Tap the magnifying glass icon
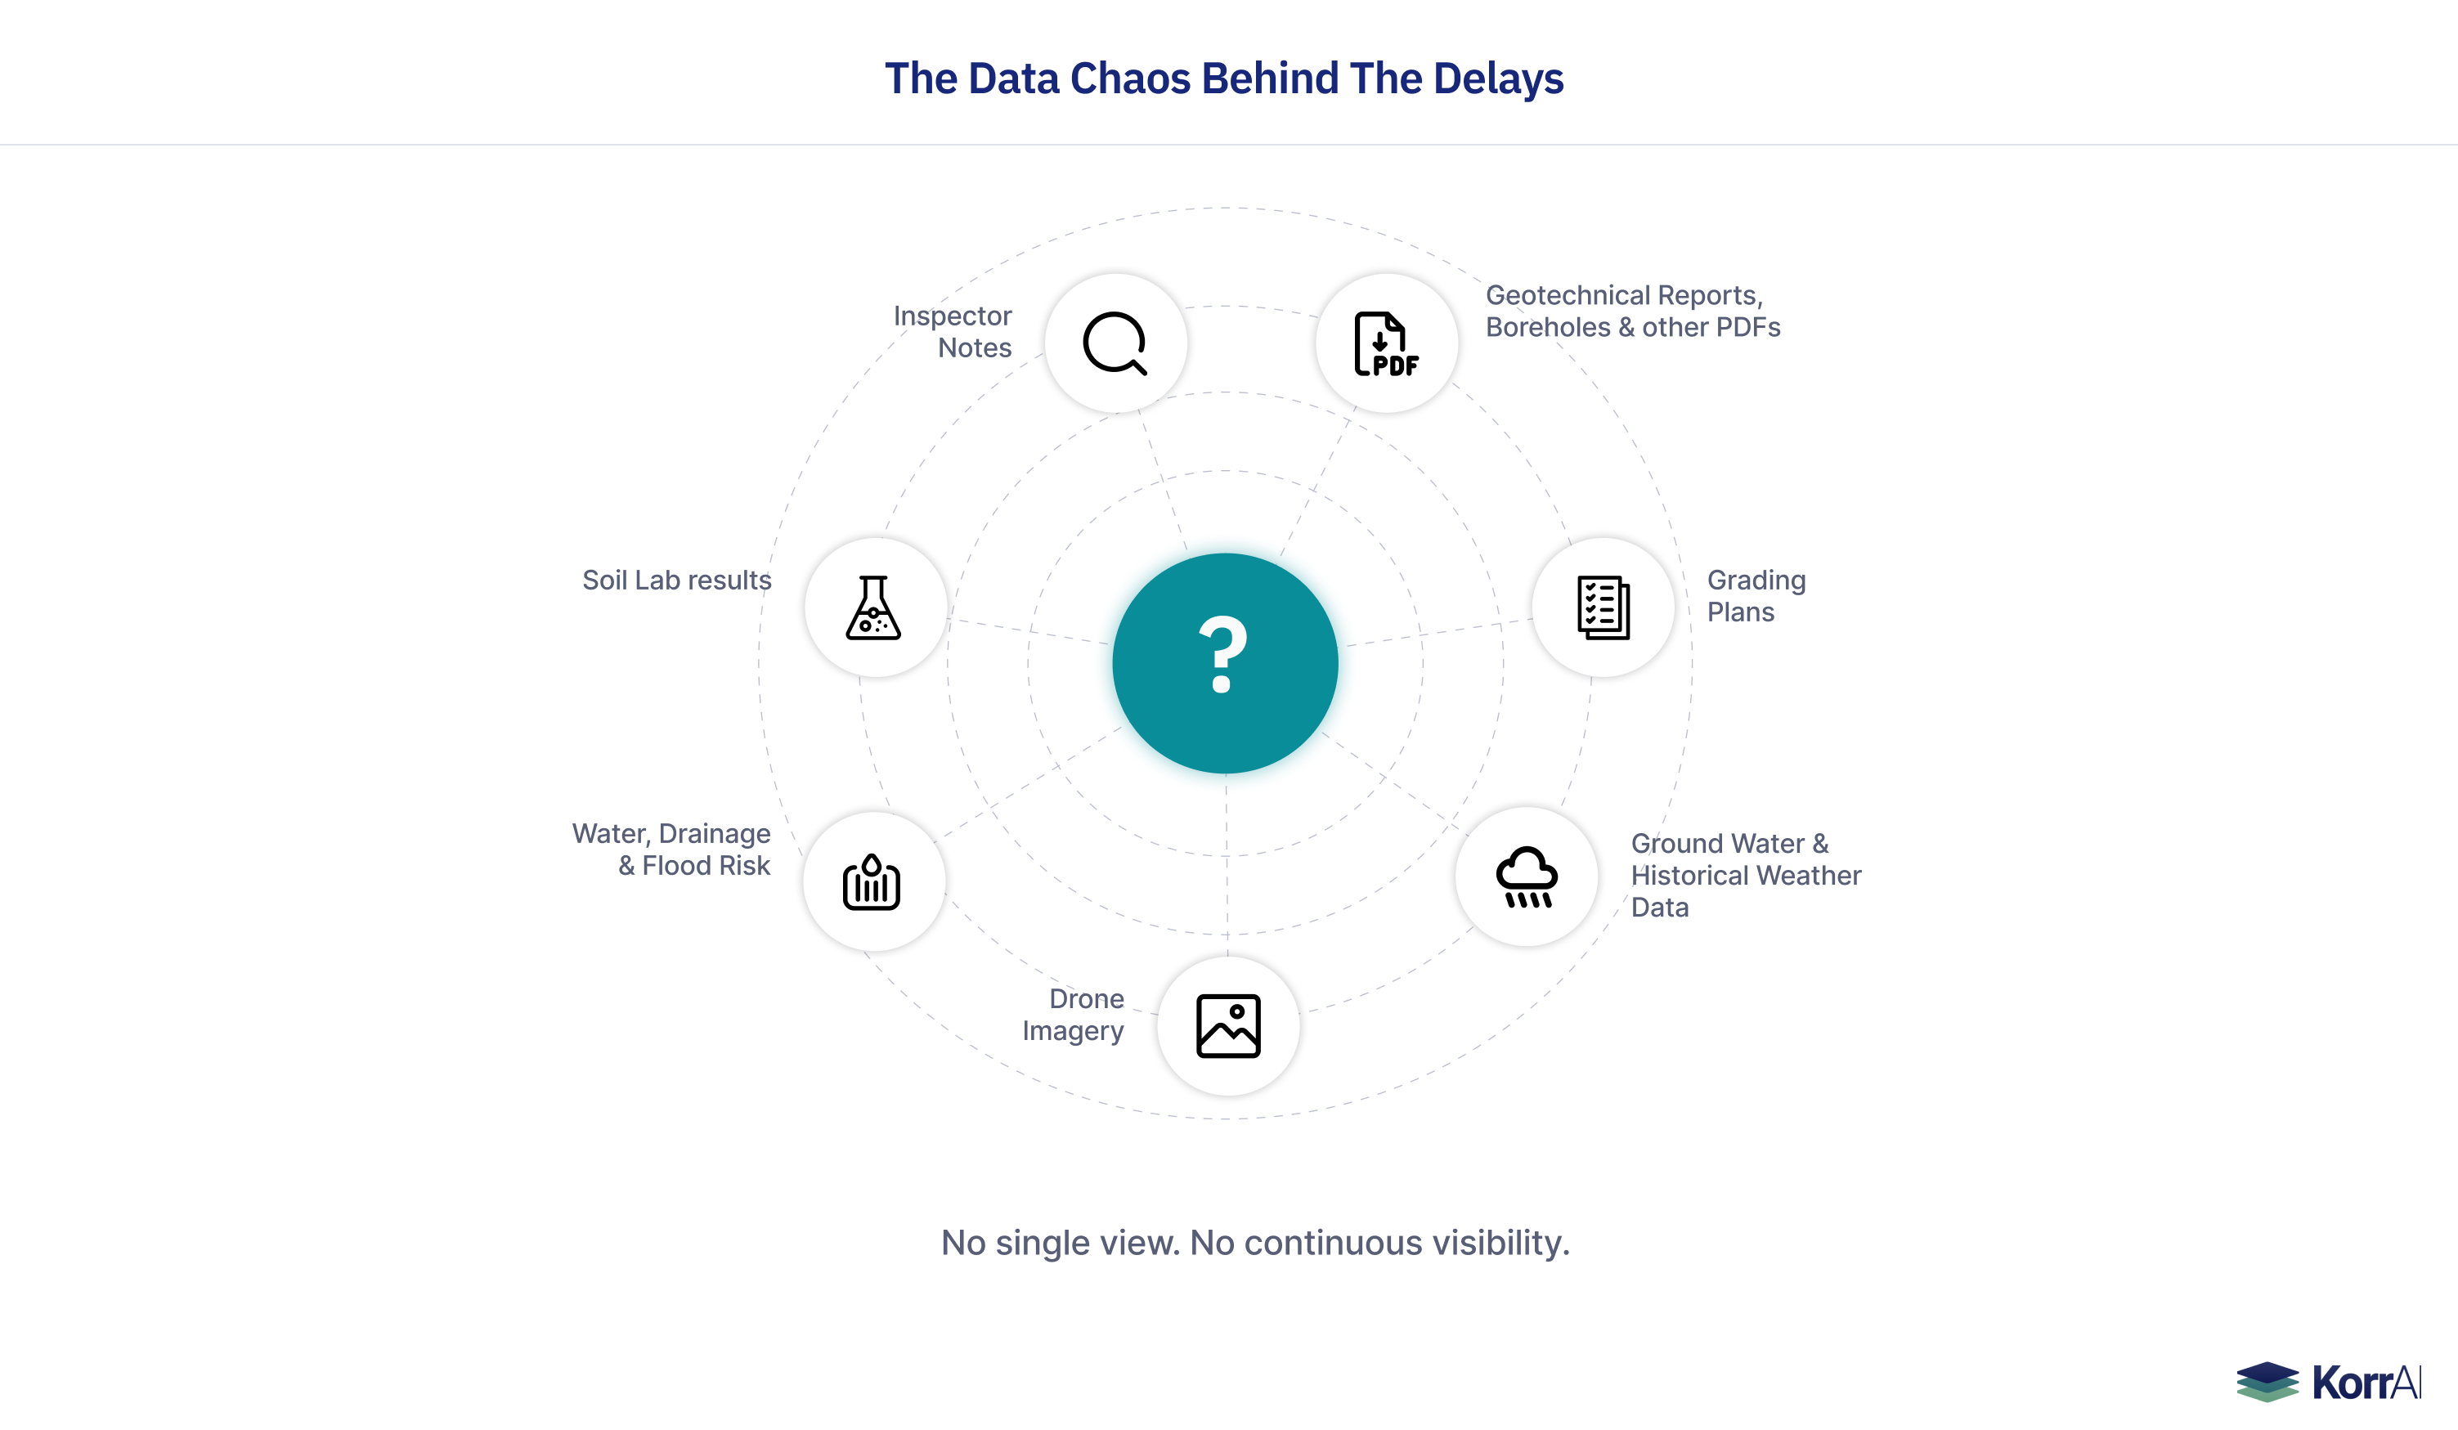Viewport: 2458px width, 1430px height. pyautogui.click(x=1115, y=343)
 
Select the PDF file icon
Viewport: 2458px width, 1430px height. pyautogui.click(x=1386, y=344)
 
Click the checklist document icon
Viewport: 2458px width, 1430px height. pyautogui.click(x=1604, y=607)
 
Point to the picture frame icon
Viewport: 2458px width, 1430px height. pyautogui.click(x=1228, y=1026)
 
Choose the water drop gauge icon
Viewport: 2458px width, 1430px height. pyautogui.click(x=872, y=883)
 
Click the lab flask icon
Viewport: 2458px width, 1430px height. pyautogui.click(x=874, y=607)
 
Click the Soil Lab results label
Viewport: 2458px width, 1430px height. pyautogui.click(x=676, y=581)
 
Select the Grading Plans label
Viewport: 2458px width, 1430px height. pyautogui.click(x=1756, y=596)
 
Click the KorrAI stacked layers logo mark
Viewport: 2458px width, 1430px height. pyautogui.click(x=2267, y=1381)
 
